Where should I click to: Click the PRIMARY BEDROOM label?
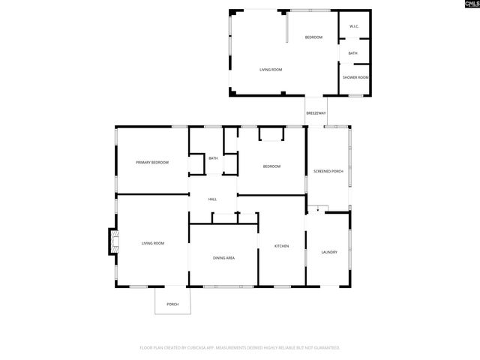151,163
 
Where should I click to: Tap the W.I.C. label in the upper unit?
354,28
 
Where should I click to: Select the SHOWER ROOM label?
355,78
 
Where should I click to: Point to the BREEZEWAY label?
316,113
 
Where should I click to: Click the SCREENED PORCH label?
328,172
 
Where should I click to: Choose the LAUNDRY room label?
328,252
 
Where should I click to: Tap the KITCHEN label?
281,246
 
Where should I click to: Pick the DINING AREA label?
223,258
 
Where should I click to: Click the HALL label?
213,199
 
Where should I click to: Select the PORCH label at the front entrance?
172,304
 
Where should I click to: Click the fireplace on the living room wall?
113,241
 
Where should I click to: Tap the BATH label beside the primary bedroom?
213,158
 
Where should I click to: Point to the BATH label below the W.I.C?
352,53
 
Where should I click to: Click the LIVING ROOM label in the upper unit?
270,70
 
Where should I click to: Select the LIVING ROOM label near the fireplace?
153,243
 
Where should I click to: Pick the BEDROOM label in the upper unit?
313,37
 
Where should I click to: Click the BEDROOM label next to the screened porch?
271,166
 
